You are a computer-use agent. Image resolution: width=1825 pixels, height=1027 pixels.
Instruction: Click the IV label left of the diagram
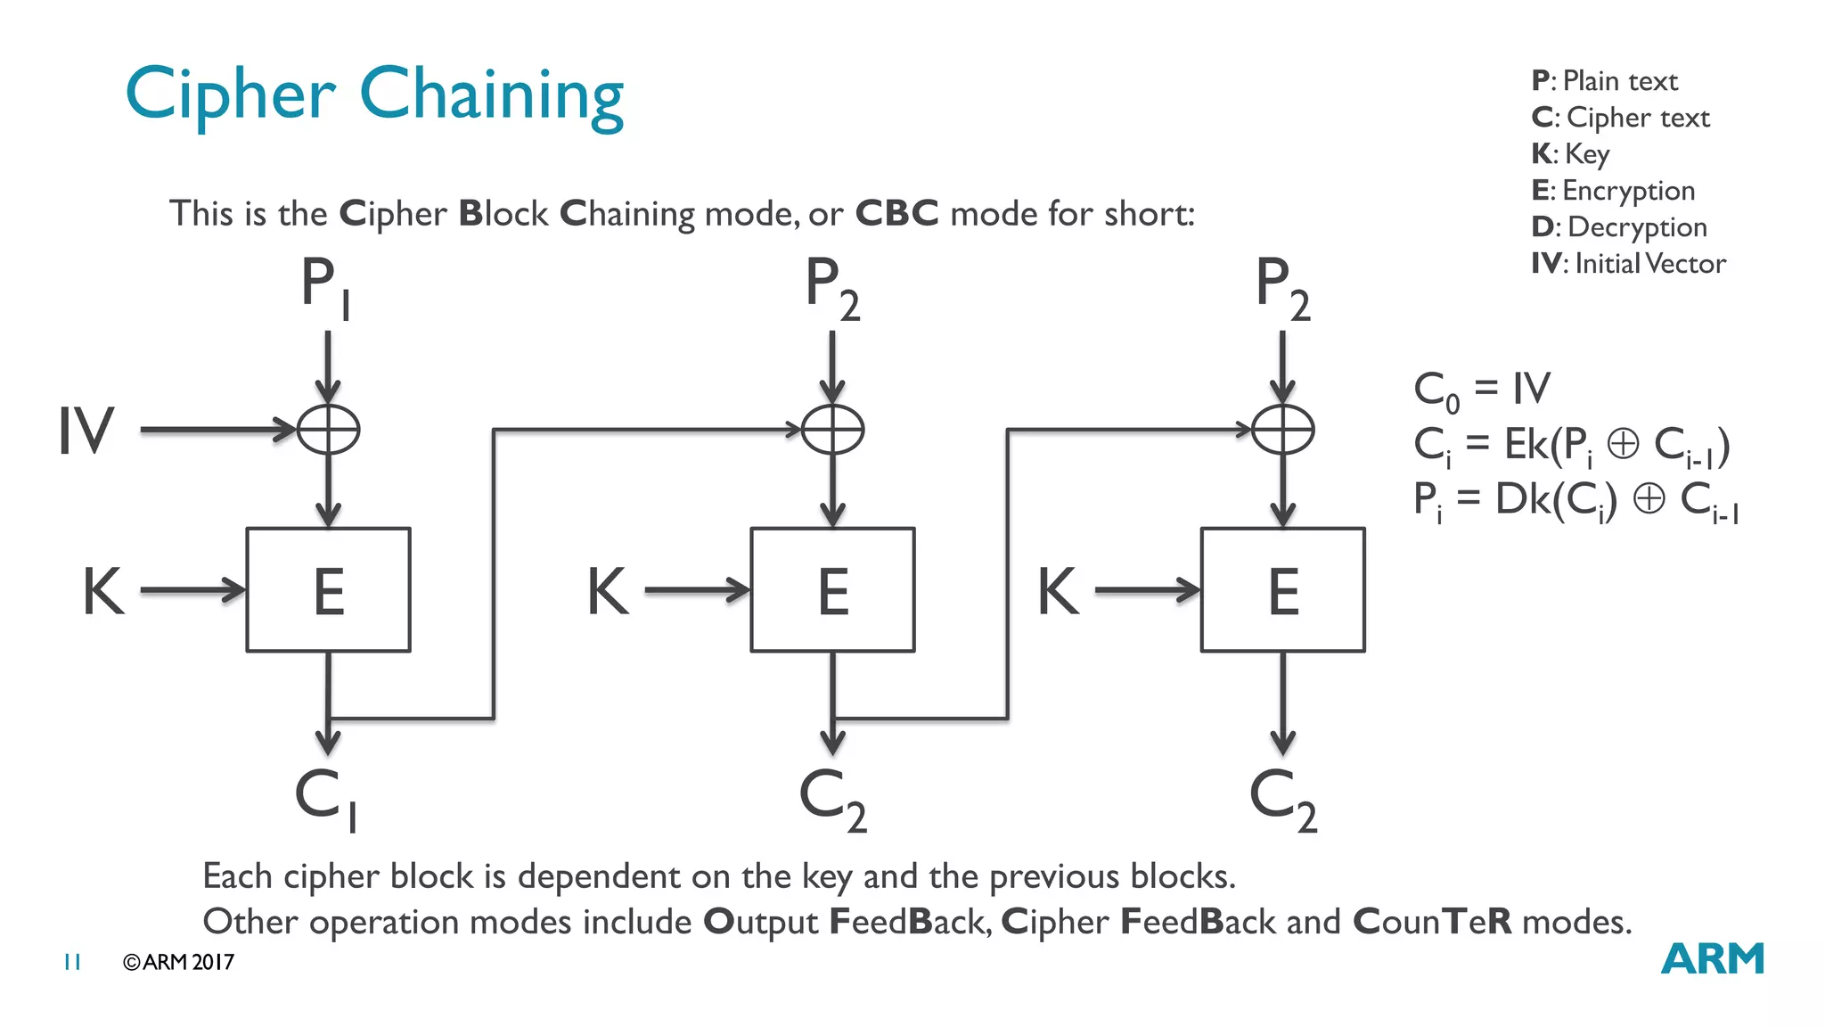86,431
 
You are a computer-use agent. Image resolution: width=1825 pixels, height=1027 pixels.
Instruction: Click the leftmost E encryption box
328,590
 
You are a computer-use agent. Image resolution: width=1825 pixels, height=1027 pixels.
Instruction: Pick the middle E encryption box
832,590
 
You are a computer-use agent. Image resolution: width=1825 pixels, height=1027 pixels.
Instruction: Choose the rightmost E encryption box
1282,590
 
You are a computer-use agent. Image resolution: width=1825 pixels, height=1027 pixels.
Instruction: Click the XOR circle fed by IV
328,430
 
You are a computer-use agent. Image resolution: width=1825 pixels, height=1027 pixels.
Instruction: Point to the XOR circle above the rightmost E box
1282,430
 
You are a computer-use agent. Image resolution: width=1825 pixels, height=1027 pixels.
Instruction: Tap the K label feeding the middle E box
608,591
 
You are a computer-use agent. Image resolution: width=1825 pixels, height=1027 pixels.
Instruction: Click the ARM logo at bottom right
1712,959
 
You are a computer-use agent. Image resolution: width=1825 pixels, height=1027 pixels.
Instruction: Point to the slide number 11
72,962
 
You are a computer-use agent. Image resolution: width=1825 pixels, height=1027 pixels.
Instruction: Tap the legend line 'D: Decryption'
1619,226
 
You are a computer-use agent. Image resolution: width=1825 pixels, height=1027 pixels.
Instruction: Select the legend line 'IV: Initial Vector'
1628,263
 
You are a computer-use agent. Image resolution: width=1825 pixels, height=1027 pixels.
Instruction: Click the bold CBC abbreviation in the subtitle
896,214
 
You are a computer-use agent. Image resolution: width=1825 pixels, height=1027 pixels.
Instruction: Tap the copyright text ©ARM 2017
178,962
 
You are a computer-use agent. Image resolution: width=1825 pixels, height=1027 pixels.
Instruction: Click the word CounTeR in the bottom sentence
1432,922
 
